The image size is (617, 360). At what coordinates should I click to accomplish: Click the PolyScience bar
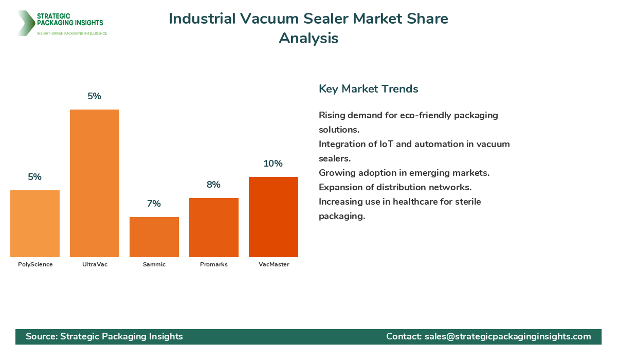(x=35, y=224)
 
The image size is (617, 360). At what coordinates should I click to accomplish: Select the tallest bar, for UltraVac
(x=95, y=183)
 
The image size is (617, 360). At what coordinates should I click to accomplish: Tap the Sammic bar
(x=154, y=237)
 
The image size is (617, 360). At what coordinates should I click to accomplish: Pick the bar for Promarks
(x=214, y=227)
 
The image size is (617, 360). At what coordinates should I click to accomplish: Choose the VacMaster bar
(x=274, y=217)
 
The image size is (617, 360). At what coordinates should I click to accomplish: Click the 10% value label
(x=273, y=164)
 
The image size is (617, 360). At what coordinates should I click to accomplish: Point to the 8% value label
(x=213, y=185)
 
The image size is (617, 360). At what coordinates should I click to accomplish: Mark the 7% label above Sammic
(x=154, y=204)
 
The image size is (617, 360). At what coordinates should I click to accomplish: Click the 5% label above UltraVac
(x=94, y=96)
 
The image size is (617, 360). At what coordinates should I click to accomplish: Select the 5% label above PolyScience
(x=34, y=177)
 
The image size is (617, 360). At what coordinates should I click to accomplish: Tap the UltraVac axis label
(x=95, y=264)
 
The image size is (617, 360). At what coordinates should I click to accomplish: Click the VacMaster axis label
(x=274, y=264)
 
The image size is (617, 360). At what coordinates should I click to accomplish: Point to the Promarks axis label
(x=214, y=264)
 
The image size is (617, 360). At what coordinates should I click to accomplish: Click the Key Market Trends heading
(x=368, y=89)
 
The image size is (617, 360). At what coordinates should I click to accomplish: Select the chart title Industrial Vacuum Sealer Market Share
(x=308, y=19)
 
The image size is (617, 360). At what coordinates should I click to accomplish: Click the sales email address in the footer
(x=507, y=336)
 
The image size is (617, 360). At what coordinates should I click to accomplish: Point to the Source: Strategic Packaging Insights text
(x=104, y=336)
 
